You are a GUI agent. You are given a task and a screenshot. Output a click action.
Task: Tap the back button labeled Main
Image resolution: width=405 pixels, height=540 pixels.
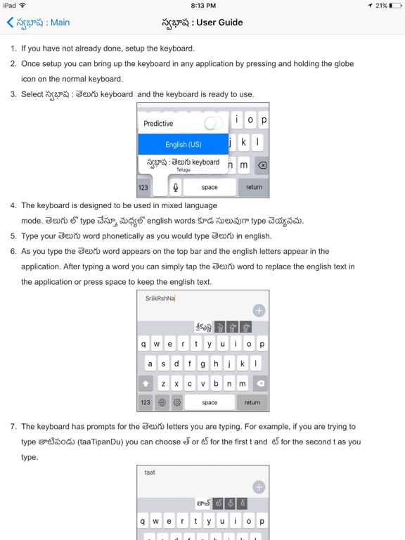coord(38,22)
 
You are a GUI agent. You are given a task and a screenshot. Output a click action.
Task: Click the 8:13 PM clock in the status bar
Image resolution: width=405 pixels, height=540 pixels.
coord(202,5)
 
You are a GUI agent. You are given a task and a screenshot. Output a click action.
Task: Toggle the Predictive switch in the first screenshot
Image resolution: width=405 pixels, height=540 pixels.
coord(212,124)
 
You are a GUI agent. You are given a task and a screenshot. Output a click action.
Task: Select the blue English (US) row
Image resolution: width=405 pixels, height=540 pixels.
coord(183,144)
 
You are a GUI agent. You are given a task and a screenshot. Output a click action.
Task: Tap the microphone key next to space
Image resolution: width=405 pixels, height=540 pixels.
coord(176,187)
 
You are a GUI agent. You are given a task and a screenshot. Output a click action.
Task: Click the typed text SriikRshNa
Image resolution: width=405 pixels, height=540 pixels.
coord(160,298)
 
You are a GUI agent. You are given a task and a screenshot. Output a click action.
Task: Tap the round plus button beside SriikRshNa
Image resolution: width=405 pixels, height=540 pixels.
coord(259,310)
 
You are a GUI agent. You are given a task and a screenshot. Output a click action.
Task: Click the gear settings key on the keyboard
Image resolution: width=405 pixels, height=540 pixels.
coord(177,403)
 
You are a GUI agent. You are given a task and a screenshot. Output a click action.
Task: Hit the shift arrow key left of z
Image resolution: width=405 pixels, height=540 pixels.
coord(146,384)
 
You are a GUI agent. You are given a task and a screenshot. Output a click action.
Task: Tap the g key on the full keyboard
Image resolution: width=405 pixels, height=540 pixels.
coord(203,364)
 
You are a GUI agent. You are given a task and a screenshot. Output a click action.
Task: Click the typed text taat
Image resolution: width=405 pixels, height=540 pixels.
coord(150,473)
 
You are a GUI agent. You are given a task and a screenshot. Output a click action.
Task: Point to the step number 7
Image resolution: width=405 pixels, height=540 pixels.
coord(13,427)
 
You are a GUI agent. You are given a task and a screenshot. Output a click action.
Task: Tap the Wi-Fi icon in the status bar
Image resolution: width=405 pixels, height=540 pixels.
coord(22,5)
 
